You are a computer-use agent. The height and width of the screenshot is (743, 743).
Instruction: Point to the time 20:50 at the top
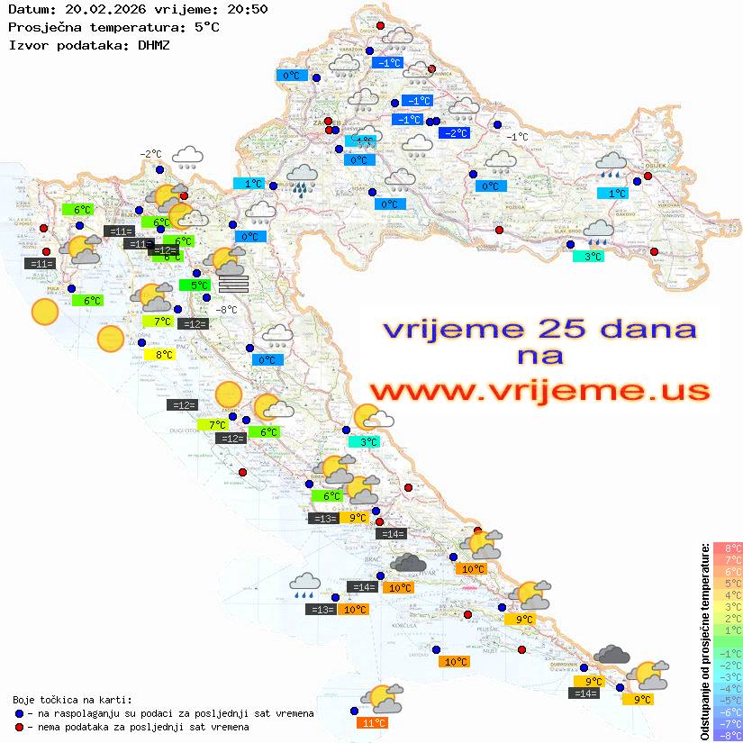pyautogui.click(x=245, y=10)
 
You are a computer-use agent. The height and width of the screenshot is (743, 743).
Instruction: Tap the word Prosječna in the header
pyautogui.click(x=41, y=27)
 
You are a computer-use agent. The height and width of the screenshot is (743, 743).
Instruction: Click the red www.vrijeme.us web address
pyautogui.click(x=539, y=390)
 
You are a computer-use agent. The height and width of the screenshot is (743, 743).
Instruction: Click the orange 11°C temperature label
pyautogui.click(x=373, y=722)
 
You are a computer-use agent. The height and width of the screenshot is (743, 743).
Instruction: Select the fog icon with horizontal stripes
pyautogui.click(x=232, y=283)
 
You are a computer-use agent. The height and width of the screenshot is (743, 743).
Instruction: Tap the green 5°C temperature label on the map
pyautogui.click(x=194, y=285)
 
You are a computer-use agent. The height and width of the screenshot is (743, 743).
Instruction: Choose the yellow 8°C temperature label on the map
pyautogui.click(x=159, y=355)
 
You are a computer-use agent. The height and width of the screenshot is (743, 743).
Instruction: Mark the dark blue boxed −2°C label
pyautogui.click(x=455, y=133)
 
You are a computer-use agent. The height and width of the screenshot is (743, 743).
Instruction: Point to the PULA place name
pyautogui.click(x=54, y=288)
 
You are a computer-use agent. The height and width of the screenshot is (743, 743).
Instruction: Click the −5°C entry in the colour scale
pyautogui.click(x=728, y=700)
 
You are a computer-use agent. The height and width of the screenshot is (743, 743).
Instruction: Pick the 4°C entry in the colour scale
pyautogui.click(x=728, y=594)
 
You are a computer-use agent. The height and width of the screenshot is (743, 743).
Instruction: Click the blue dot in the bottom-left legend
pyautogui.click(x=19, y=713)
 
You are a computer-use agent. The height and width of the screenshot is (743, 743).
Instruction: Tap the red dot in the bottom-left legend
pyautogui.click(x=19, y=727)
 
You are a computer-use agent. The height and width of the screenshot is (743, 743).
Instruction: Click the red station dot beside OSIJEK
pyautogui.click(x=648, y=177)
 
